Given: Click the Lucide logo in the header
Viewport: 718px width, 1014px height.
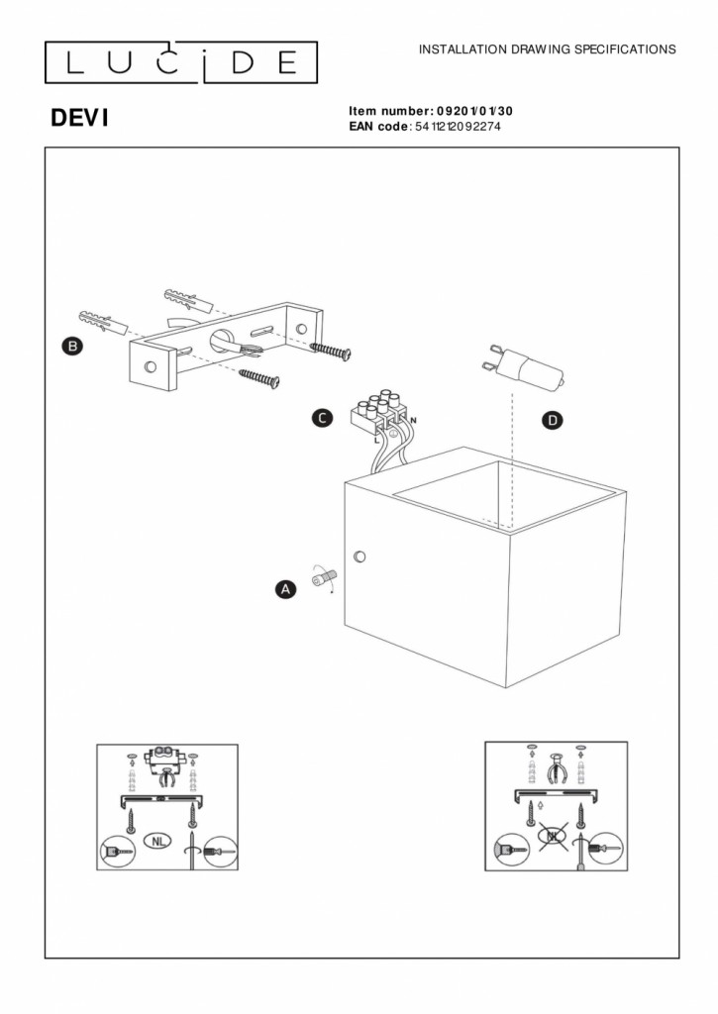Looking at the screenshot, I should tap(181, 62).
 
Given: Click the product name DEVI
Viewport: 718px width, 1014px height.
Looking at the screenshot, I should tap(79, 119).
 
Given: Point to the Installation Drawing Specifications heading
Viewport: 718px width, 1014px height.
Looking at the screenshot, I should tap(548, 49).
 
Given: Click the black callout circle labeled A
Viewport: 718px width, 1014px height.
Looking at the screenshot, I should tap(284, 589).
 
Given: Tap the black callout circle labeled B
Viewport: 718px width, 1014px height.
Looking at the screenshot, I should tap(71, 346).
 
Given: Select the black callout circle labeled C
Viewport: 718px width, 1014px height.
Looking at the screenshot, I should tap(322, 419).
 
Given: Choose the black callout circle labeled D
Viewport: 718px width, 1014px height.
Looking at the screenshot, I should tap(553, 421).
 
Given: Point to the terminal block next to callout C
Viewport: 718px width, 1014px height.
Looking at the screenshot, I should tap(380, 411).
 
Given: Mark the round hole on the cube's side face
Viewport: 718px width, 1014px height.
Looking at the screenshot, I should tap(359, 556).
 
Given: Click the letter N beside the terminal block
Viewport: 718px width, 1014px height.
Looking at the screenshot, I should tap(413, 422).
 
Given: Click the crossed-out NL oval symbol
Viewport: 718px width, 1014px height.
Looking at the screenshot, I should tap(552, 837).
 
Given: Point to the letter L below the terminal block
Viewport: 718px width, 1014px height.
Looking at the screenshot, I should tap(377, 438).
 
